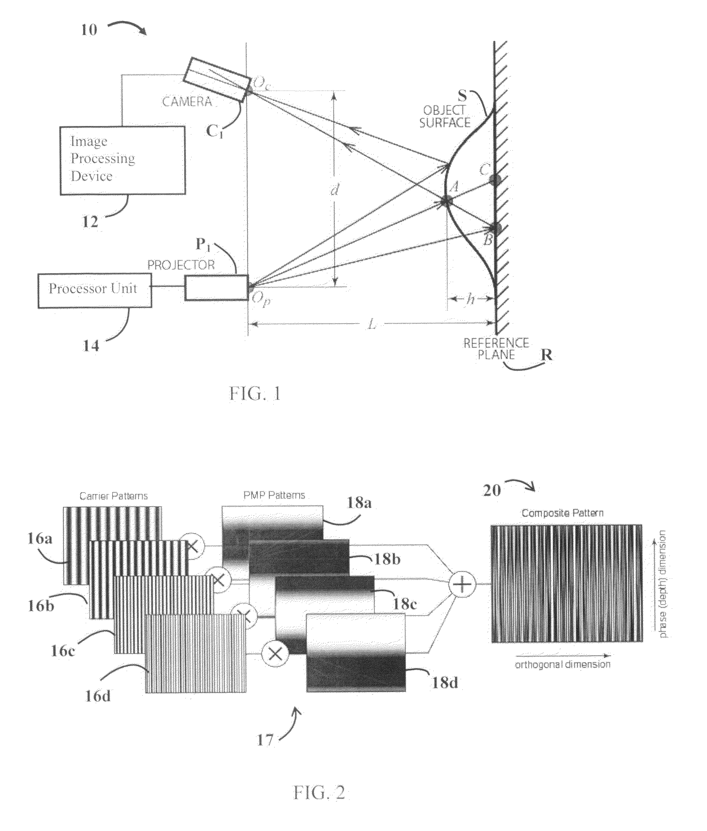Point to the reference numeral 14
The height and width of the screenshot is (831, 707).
91,345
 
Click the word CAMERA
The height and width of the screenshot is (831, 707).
187,102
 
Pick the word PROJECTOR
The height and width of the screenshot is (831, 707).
181,265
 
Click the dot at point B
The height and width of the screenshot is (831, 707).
496,229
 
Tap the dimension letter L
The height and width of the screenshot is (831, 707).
372,325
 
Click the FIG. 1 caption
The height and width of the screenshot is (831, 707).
255,394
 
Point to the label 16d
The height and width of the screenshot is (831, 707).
98,696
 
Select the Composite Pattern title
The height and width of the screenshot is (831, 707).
562,513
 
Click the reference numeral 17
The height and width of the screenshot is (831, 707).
265,740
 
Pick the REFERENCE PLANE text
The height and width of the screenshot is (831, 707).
496,349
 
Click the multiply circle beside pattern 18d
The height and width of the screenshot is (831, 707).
275,654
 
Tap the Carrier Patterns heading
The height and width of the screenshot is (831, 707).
113,496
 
